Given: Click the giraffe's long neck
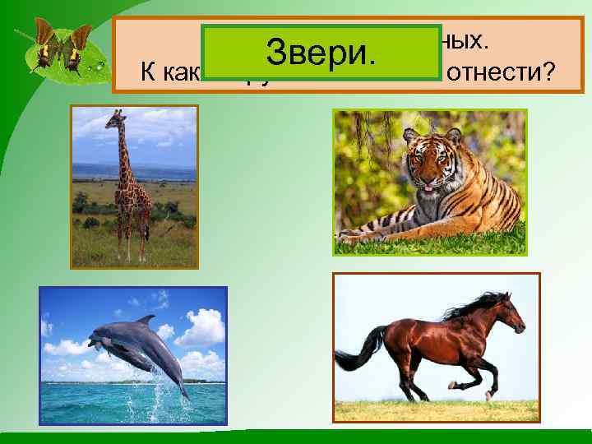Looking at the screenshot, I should pos(123,156).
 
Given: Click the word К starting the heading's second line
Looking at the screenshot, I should pos(148,73).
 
